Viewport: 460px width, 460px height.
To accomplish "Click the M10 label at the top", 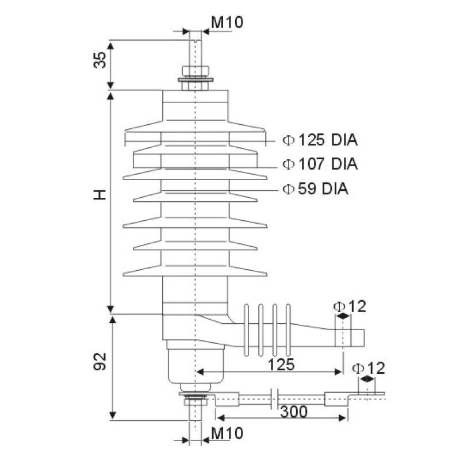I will [x=227, y=22].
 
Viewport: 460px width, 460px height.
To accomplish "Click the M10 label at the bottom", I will [x=227, y=432].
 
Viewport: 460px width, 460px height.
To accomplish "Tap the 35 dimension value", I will [x=100, y=60].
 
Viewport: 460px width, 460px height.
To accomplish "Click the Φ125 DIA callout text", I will [x=320, y=140].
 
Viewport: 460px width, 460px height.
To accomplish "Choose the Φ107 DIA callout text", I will [x=320, y=164].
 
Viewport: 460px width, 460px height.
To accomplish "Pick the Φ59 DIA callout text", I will [x=316, y=189].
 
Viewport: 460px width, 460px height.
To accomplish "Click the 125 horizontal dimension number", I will [x=281, y=364].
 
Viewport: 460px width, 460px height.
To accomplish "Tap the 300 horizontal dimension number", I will [x=293, y=411].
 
